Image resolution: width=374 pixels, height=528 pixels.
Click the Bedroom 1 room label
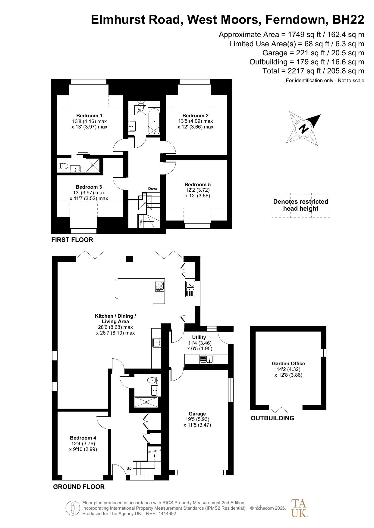point(89,116)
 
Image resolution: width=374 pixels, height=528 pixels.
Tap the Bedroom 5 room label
point(197,184)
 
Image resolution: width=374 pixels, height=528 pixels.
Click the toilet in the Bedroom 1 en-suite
point(64,166)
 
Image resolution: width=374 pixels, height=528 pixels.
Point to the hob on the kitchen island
point(160,286)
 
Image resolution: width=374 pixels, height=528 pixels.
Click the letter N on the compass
point(304,128)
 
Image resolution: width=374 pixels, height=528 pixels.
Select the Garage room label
point(197,414)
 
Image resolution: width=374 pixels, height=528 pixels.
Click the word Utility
point(199,337)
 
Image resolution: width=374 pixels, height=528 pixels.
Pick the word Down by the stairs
point(153,189)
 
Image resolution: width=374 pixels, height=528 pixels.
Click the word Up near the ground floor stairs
point(129,468)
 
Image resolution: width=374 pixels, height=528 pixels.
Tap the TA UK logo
point(299,508)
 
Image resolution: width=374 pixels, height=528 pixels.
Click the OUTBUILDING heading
point(272,418)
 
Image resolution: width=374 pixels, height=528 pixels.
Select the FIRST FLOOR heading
point(72,240)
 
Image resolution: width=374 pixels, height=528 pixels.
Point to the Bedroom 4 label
point(83,438)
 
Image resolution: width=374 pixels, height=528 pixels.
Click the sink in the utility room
point(206,359)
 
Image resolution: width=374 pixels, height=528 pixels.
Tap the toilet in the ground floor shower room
point(152,380)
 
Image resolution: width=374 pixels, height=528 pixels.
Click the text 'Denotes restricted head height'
point(301,205)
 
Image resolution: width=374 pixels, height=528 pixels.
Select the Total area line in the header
point(313,71)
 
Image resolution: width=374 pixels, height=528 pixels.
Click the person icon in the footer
point(72,508)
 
